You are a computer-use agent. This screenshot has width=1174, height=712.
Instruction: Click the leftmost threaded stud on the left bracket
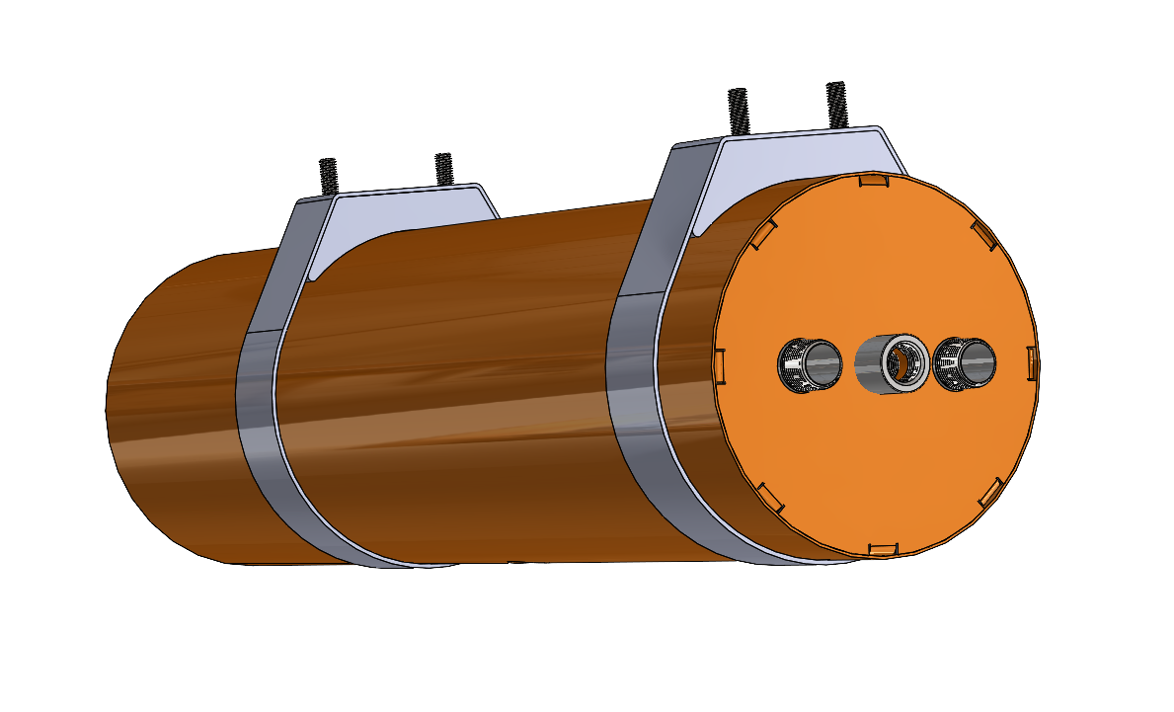(328, 176)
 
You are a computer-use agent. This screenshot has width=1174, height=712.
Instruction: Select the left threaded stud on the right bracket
(737, 110)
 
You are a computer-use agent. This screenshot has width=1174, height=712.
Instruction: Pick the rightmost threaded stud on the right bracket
(837, 104)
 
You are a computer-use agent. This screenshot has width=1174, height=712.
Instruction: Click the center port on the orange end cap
(892, 363)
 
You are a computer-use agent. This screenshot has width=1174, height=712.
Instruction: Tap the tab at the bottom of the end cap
(883, 548)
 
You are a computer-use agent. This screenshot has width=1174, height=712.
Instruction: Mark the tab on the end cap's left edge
(720, 362)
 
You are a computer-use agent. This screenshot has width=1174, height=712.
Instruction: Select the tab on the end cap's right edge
(1032, 362)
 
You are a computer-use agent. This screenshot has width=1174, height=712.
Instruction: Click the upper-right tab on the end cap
(983, 233)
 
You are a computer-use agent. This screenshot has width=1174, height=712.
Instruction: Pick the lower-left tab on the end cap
(770, 497)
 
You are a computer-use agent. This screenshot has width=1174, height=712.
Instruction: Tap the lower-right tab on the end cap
(990, 494)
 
